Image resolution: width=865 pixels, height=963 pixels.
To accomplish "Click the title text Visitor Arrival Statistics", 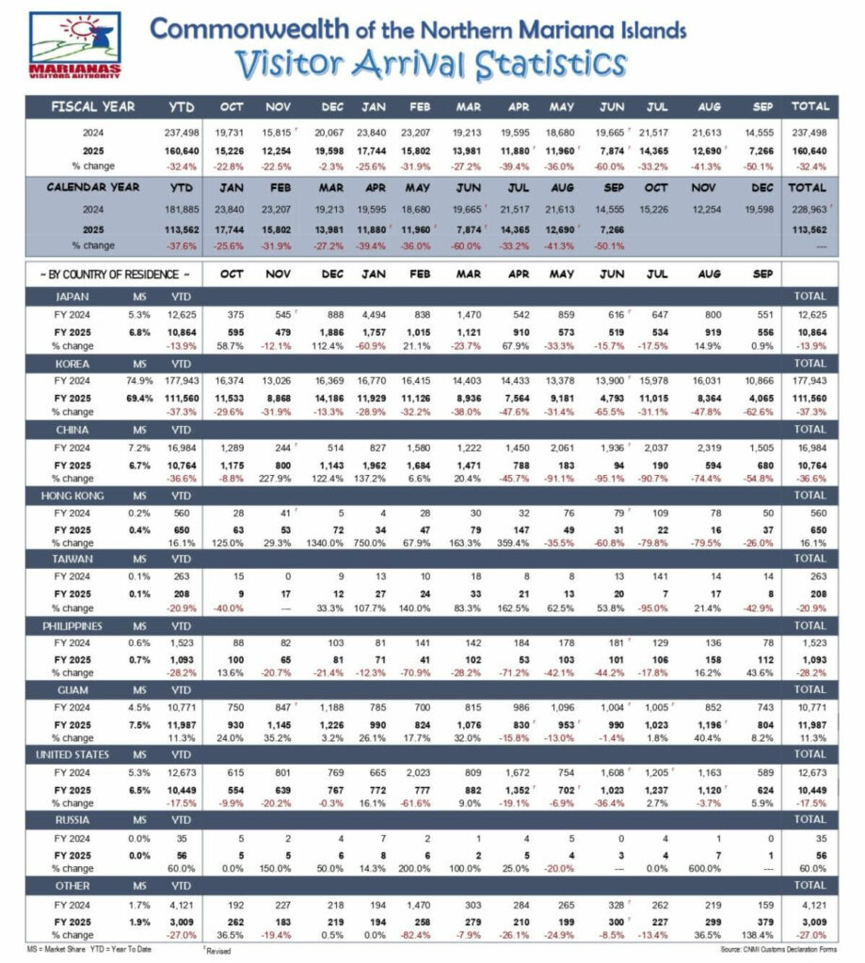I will click(x=430, y=65).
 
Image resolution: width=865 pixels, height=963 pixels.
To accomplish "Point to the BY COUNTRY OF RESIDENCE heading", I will click(x=112, y=274).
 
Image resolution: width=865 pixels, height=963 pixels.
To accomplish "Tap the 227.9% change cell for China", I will click(x=279, y=478).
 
